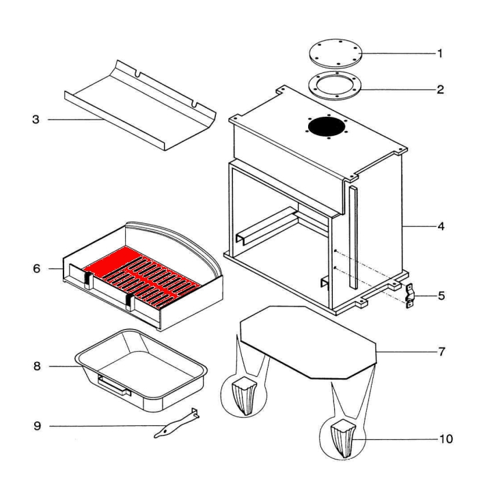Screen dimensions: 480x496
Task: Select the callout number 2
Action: [441, 89]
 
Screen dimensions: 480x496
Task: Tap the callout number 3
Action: [36, 119]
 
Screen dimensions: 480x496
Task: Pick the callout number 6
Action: [36, 268]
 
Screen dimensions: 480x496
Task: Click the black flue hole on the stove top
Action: [326, 126]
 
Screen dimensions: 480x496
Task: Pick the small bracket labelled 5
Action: [410, 297]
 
